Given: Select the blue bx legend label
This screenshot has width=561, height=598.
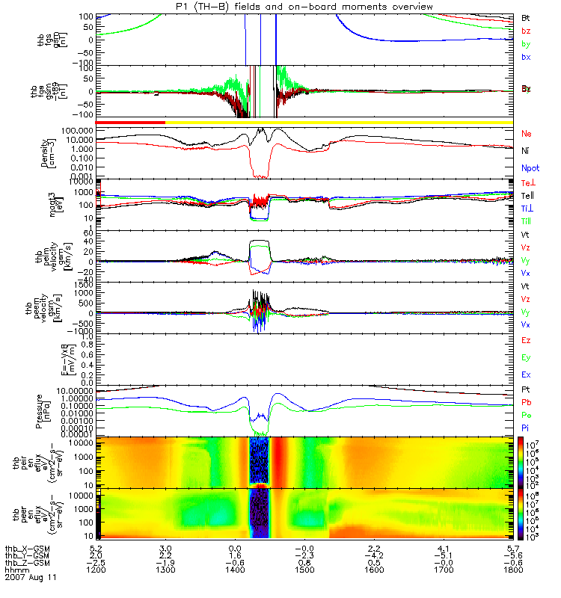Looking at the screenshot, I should [x=526, y=58].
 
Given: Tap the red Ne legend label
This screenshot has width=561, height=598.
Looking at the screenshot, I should [x=527, y=134].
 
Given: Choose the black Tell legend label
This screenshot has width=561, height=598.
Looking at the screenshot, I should [x=528, y=196].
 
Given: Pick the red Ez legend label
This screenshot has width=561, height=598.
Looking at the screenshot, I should [x=526, y=340].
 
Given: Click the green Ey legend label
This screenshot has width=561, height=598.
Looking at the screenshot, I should [x=526, y=357].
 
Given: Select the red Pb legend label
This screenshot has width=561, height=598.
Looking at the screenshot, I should [x=527, y=403].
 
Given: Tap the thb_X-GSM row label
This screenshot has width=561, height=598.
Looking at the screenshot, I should [x=26, y=549].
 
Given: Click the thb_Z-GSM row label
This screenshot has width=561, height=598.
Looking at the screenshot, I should [x=26, y=562].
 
